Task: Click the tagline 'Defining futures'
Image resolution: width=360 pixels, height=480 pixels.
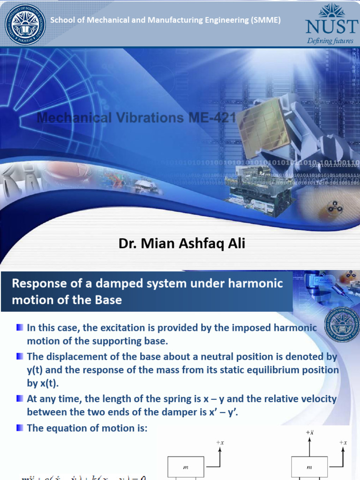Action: click(330, 41)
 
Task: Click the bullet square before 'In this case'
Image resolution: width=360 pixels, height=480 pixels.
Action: click(19, 327)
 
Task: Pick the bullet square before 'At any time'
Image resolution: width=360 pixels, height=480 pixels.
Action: click(19, 398)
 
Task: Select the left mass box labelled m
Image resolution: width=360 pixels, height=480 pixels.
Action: click(186, 467)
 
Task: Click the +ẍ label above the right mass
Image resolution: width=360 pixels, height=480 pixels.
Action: click(309, 433)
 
